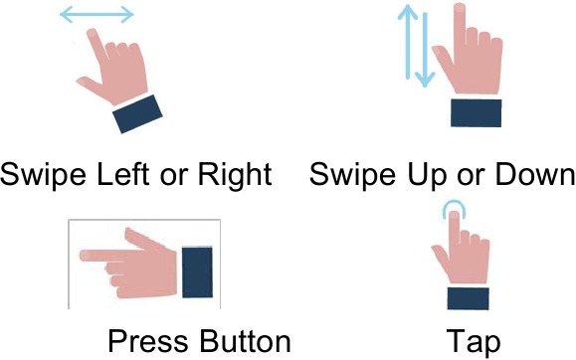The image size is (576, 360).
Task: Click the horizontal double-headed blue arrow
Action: [x=96, y=15]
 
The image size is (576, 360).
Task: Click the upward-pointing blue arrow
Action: [x=408, y=42]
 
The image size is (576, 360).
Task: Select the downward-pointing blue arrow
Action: [x=425, y=50]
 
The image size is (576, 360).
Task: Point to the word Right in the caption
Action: [x=235, y=175]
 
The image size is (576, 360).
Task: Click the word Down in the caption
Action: [x=535, y=174]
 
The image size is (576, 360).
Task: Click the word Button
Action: [x=245, y=341]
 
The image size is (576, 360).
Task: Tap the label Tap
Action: [x=474, y=343]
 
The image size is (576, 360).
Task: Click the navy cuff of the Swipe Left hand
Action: [x=137, y=114]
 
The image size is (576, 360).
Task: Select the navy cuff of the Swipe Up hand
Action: [x=477, y=112]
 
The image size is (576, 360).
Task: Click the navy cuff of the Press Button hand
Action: [x=197, y=272]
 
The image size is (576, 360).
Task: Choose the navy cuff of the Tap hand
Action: [x=468, y=298]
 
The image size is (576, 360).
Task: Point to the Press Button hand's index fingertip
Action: [x=84, y=256]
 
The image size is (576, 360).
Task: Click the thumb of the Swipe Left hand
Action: [x=90, y=85]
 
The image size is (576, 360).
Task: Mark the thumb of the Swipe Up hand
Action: [x=443, y=60]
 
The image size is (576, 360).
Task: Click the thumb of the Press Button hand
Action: [x=143, y=238]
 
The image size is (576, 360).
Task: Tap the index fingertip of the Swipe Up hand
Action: [x=460, y=8]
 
